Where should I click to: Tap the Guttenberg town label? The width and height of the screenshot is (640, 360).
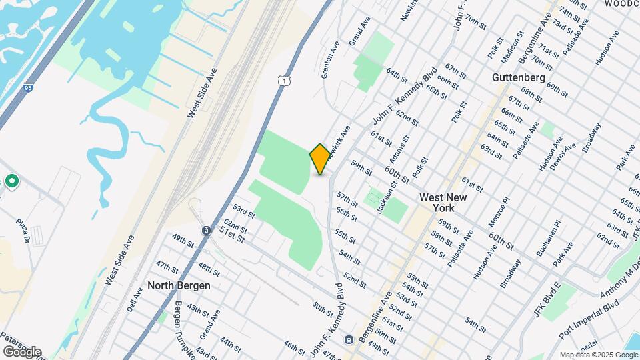(x=514, y=77)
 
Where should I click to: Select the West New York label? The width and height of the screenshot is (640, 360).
(x=443, y=203)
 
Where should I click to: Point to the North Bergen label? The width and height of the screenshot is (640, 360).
(x=179, y=285)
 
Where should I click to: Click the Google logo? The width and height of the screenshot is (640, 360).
(x=22, y=351)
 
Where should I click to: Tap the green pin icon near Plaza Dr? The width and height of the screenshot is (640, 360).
(x=11, y=181)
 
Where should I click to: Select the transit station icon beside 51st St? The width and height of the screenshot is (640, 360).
(x=206, y=231)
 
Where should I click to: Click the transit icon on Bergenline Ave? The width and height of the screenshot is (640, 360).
(x=349, y=341)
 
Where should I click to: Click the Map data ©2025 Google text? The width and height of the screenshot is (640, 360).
(x=598, y=355)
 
